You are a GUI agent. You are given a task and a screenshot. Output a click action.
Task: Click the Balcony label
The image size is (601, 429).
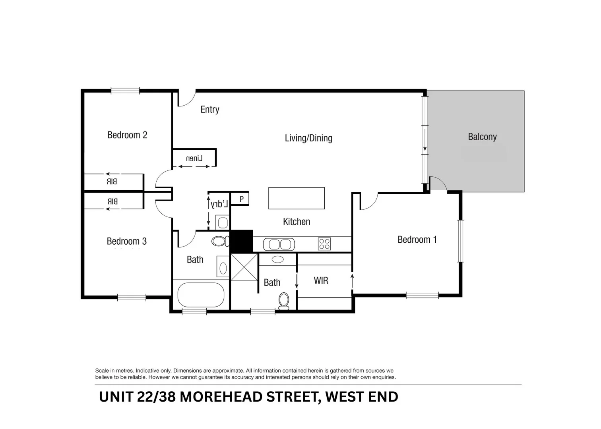click(482, 137)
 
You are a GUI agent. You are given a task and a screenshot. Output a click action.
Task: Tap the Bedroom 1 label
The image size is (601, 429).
click(417, 240)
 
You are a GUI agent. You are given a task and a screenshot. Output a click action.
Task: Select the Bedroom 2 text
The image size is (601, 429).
click(127, 135)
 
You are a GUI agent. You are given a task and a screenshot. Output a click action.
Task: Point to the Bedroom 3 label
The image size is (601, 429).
click(126, 241)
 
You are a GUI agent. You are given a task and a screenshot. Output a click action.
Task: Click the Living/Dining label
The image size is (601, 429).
click(308, 138)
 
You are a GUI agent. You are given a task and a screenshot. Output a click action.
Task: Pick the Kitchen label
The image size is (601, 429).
click(297, 222)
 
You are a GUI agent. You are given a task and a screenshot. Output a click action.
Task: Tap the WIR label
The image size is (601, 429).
click(321, 280)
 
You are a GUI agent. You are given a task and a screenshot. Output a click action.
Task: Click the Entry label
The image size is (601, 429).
click(210, 110)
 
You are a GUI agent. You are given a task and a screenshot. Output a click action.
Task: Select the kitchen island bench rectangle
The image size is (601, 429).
click(297, 198)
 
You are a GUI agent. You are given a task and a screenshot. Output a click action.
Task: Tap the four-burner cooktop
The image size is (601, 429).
click(324, 244)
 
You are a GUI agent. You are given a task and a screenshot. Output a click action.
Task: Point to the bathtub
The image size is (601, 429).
click(201, 295)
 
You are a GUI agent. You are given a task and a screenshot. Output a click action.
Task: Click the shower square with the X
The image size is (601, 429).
click(244, 267)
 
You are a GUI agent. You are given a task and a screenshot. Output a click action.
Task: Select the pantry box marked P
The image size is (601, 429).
click(241, 199)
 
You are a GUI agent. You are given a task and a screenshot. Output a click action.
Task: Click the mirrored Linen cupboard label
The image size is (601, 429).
click(194, 158)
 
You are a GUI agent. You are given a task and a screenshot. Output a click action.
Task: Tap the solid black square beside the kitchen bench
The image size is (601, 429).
click(241, 241)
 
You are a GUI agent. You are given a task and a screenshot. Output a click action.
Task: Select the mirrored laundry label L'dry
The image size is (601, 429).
click(219, 204)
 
